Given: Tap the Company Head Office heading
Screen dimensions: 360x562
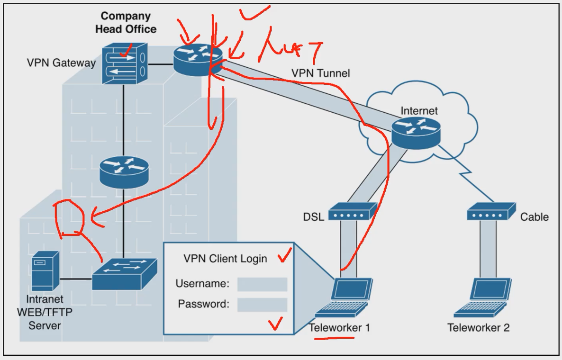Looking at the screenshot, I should coord(126,23).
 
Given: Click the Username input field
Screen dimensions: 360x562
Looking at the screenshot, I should coord(262,284).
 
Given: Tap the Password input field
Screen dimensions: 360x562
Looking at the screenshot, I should coord(262,305).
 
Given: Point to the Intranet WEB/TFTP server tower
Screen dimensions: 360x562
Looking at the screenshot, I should coord(45,270).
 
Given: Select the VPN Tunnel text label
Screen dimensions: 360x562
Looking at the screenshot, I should coord(320,73).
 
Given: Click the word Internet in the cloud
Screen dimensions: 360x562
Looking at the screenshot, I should coord(419,111).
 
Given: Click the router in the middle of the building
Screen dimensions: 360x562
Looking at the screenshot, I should coord(124,171).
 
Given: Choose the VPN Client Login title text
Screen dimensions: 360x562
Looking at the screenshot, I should coord(225,259).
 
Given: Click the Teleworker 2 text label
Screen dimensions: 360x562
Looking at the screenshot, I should coord(478,327).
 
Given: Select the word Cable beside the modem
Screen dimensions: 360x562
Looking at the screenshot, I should coord(534,217).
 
